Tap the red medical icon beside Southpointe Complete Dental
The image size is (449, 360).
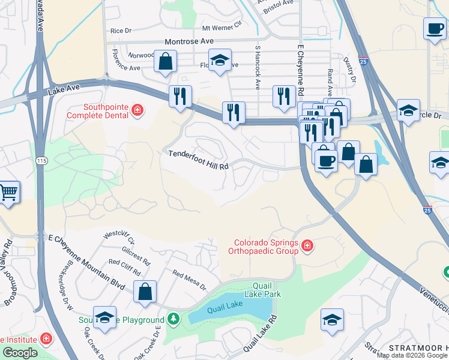(137, 110)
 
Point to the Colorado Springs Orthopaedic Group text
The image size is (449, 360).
(266, 247)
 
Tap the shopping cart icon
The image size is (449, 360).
(9, 193)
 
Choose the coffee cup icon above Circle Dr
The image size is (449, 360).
(434, 28)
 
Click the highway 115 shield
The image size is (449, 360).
(41, 161)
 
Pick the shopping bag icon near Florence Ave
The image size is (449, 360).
(165, 61)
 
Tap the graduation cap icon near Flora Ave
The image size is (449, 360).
(220, 59)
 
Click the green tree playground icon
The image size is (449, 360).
(173, 318)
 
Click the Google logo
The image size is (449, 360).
(20, 353)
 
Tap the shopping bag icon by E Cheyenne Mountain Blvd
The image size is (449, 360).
(145, 292)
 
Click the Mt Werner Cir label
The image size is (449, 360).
(221, 28)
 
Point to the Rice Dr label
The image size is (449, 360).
(121, 31)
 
